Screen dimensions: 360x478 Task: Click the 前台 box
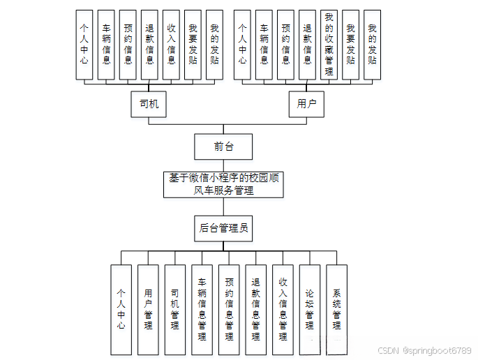tap(223, 147)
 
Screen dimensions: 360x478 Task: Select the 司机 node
tap(149, 104)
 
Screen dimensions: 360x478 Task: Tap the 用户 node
tap(307, 104)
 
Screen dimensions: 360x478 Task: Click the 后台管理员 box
tap(223, 227)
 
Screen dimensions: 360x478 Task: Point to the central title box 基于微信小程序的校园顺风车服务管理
tap(223, 184)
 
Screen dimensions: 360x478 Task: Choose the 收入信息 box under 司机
tap(171, 44)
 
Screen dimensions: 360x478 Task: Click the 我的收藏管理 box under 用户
tap(329, 44)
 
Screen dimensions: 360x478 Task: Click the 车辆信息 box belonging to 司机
tap(106, 44)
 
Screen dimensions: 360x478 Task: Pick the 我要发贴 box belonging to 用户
tap(350, 44)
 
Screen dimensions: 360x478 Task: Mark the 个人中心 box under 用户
tap(242, 44)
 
